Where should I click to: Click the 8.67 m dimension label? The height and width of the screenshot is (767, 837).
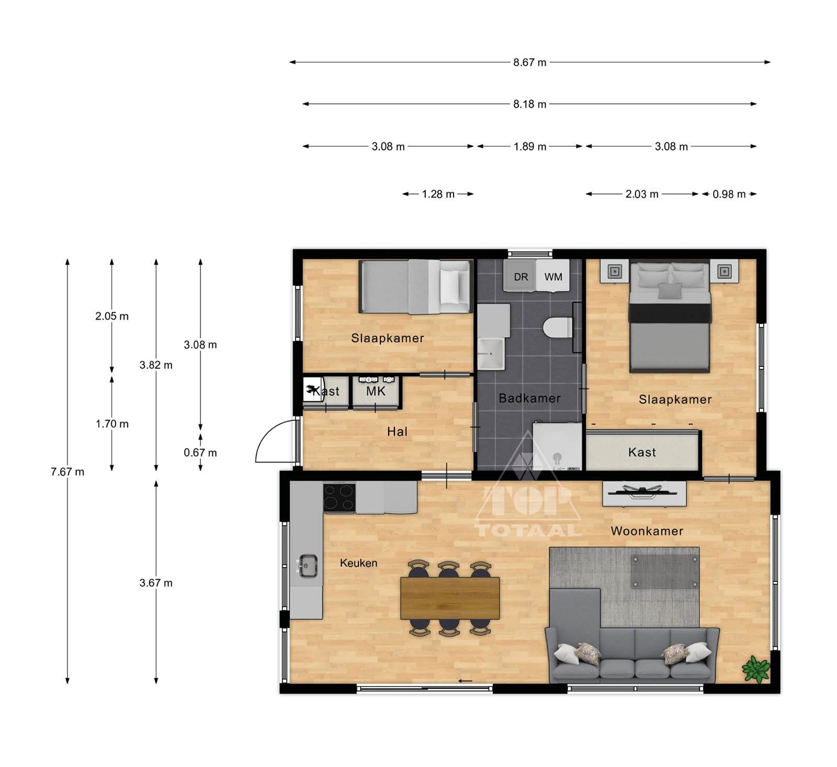click(529, 62)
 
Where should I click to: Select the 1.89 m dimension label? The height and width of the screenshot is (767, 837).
click(530, 146)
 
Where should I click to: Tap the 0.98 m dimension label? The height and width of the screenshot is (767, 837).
click(729, 194)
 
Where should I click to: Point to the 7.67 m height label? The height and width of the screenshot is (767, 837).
click(67, 472)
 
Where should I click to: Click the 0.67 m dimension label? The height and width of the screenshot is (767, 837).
click(200, 453)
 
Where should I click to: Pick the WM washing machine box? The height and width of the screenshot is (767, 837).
click(553, 276)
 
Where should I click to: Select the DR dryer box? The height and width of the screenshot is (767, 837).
click(520, 276)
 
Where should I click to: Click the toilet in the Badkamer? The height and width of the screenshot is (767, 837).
click(559, 328)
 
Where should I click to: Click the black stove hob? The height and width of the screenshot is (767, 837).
click(340, 497)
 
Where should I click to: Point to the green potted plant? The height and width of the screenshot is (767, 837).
click(756, 669)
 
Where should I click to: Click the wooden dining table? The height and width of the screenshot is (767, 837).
click(450, 598)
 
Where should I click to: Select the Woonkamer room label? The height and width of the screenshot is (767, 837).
click(647, 531)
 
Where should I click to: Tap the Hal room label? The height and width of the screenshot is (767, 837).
click(397, 432)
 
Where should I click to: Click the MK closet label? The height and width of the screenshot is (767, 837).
click(376, 392)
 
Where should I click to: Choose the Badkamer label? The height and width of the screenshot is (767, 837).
click(529, 398)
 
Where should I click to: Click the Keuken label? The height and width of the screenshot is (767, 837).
click(358, 563)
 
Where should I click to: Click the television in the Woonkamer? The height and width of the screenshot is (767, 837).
click(644, 493)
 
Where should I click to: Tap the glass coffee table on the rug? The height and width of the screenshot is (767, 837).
click(665, 571)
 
